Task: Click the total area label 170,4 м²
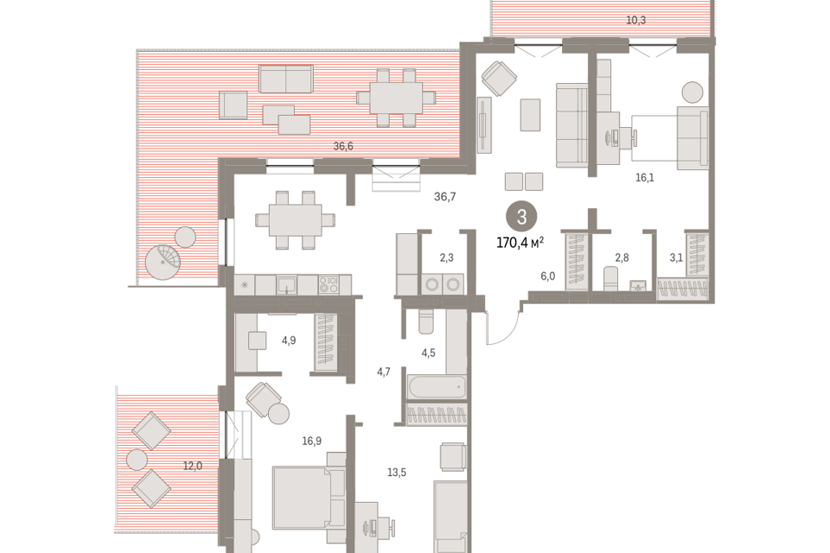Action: click(x=520, y=243)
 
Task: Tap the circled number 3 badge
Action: click(x=522, y=216)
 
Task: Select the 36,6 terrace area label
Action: click(x=343, y=146)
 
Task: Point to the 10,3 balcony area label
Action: click(x=635, y=20)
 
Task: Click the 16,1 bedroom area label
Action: click(x=645, y=178)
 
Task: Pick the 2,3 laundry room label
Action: click(x=446, y=257)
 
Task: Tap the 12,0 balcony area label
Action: click(x=193, y=467)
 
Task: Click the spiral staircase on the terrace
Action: click(x=163, y=262)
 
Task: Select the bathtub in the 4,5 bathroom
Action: click(x=437, y=387)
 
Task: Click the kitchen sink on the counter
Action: click(x=286, y=284)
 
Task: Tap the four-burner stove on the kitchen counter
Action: click(x=329, y=284)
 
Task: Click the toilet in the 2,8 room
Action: click(x=611, y=278)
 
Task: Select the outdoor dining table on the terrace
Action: click(x=396, y=98)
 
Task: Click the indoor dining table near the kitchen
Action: click(x=296, y=219)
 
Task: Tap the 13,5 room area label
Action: click(x=397, y=472)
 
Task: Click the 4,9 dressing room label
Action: click(x=289, y=340)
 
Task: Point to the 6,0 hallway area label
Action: click(x=548, y=276)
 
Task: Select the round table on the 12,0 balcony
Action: click(x=137, y=460)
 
